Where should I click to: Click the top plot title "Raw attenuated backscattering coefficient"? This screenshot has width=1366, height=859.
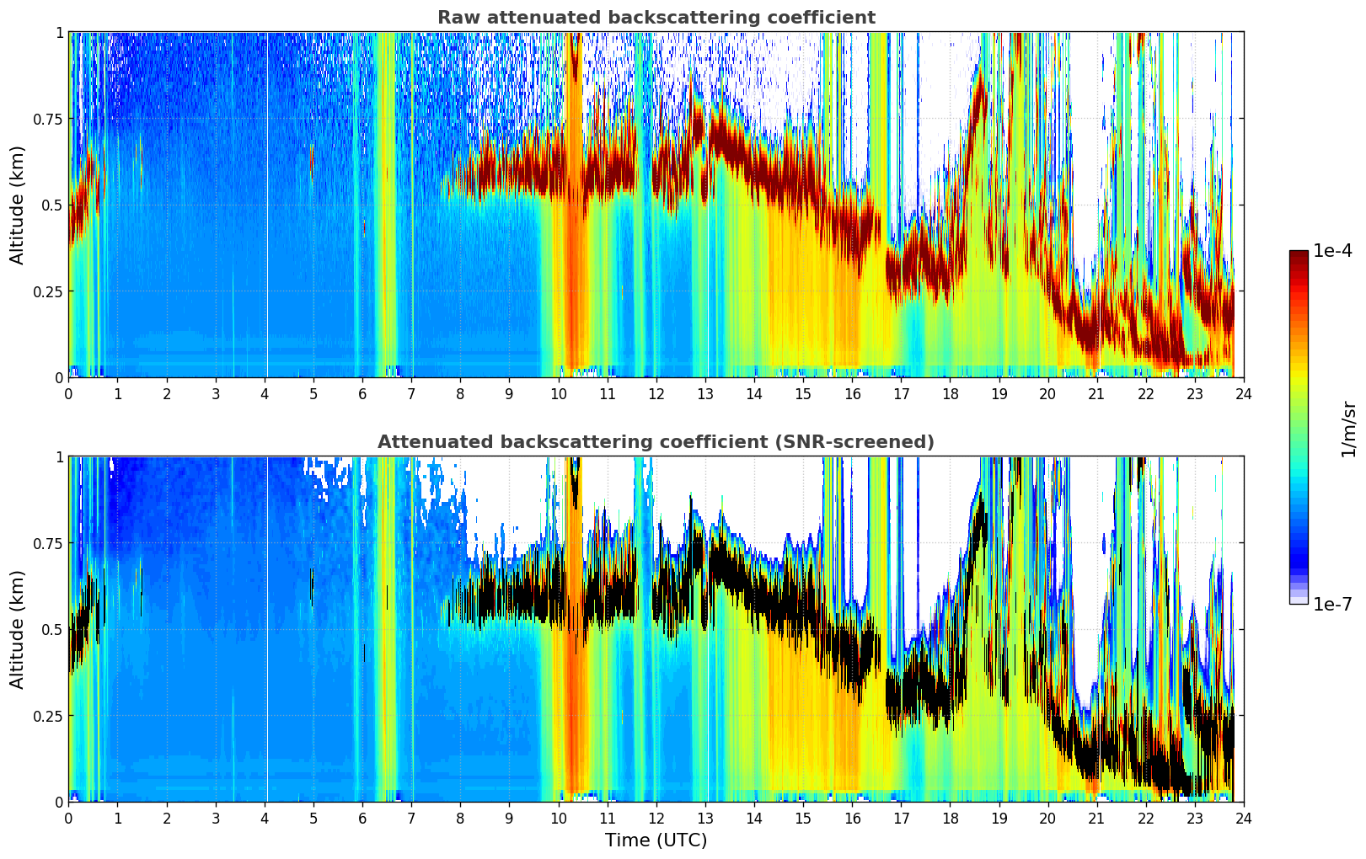(x=656, y=18)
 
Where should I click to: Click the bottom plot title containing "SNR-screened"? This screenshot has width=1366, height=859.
(x=656, y=442)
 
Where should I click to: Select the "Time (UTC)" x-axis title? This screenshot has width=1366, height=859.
(x=656, y=840)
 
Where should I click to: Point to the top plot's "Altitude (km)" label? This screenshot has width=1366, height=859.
(x=18, y=205)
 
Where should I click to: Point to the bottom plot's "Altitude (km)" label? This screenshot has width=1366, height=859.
(x=18, y=629)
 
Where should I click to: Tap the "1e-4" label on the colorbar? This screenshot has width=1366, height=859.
(x=1331, y=252)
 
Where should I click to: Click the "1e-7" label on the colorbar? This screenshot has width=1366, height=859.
(x=1331, y=604)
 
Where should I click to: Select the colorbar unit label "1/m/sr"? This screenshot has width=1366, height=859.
(x=1348, y=429)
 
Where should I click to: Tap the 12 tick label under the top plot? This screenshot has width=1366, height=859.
(x=656, y=393)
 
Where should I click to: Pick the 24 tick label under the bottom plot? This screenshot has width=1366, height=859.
(x=1244, y=818)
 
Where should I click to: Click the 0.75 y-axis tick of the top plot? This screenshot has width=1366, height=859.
(x=48, y=119)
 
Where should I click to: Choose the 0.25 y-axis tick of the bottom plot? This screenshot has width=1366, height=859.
(x=48, y=716)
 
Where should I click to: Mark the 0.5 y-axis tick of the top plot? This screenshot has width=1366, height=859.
(x=52, y=205)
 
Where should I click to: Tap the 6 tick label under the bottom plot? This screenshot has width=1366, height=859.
(x=362, y=818)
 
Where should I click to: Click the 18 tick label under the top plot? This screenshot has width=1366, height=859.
(x=950, y=393)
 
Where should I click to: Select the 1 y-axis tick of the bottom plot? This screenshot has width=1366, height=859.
(x=59, y=457)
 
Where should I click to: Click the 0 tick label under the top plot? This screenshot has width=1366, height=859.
(x=69, y=393)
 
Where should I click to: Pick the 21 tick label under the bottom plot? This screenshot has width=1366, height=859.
(x=1096, y=818)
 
